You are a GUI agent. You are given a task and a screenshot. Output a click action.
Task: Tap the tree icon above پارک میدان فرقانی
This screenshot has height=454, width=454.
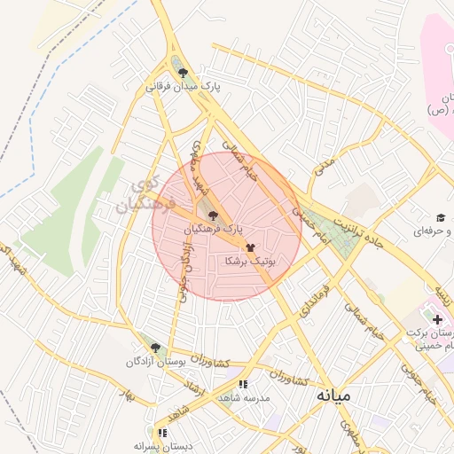pyautogui.click(x=183, y=74)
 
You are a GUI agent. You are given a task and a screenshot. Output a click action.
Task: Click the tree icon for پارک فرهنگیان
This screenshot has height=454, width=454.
pyautogui.click(x=211, y=215)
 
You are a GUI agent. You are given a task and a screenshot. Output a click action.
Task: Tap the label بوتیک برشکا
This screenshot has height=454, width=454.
pyautogui.click(x=251, y=262)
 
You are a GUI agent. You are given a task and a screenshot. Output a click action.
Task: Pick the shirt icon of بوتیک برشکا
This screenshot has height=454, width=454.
pyautogui.click(x=251, y=248)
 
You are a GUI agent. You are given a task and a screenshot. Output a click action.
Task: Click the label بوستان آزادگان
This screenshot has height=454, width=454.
pyautogui.click(x=157, y=363)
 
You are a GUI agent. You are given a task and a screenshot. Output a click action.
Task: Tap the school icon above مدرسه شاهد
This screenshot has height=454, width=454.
pyautogui.click(x=243, y=384)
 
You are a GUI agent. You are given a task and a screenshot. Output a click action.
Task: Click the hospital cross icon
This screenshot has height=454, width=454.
pyautogui.click(x=438, y=317)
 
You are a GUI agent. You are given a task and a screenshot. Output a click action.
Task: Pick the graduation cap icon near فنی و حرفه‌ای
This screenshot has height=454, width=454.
pyautogui.click(x=439, y=218)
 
